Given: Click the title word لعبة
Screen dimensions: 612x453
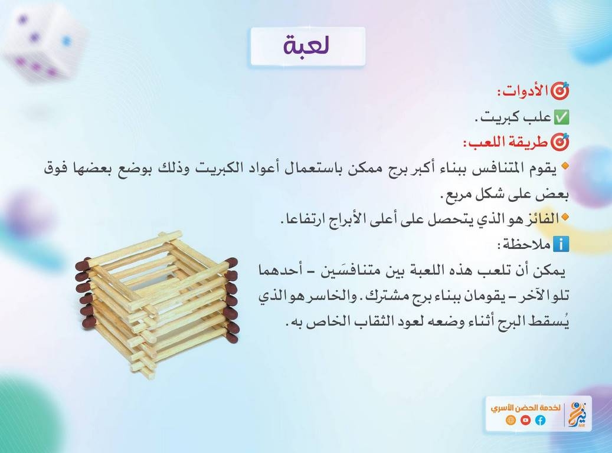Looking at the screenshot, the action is (x=307, y=45).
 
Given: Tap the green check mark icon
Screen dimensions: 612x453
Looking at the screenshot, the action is (x=562, y=117).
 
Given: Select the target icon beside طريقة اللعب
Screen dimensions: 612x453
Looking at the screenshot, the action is (x=559, y=142).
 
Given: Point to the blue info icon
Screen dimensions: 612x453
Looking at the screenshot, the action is (x=561, y=244).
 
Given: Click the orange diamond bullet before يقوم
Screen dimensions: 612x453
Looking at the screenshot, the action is (x=565, y=166).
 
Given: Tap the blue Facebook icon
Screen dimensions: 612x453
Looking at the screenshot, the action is (x=540, y=420).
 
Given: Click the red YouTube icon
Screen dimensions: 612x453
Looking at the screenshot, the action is (x=525, y=420).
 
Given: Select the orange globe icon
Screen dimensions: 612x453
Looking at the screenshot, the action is (x=510, y=420).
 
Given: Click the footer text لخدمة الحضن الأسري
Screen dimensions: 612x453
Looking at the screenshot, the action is (x=526, y=408).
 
